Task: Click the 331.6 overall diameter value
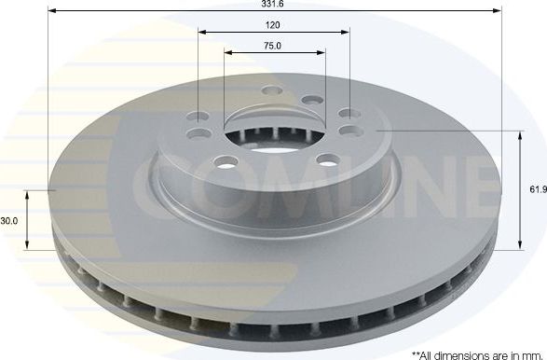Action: [273, 5]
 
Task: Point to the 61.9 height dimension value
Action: [536, 189]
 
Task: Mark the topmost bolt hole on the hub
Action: [272, 90]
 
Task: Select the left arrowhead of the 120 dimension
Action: [201, 31]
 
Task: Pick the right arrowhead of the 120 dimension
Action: [346, 31]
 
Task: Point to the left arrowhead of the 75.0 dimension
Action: [228, 52]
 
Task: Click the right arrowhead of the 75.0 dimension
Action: [319, 52]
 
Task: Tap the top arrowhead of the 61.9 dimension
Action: [519, 134]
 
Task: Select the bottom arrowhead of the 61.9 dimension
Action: [519, 247]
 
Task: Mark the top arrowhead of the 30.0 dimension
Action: [27, 194]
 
